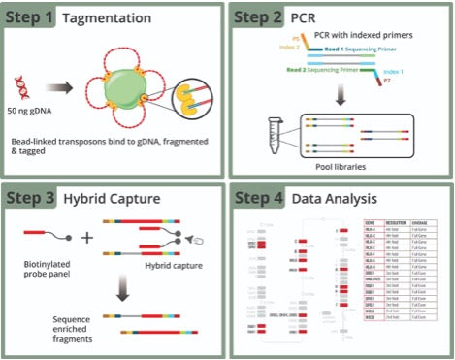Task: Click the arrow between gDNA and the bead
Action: point(64,91)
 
